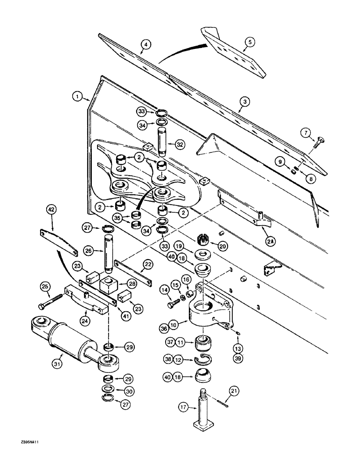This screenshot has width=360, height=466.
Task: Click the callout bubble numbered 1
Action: [78, 97]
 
